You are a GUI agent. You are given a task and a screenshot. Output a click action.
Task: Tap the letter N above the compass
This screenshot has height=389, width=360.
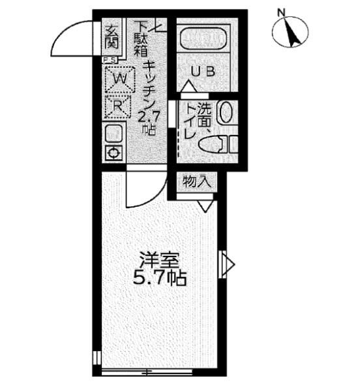(x=281, y=11)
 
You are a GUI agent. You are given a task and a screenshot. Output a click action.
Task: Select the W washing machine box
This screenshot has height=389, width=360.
(x=119, y=79)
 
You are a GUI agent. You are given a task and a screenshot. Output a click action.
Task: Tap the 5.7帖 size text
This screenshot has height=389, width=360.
(x=160, y=279)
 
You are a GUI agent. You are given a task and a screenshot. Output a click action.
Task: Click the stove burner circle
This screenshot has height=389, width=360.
(x=113, y=153)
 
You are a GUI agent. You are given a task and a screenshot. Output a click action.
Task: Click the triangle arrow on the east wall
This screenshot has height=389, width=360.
(x=228, y=264)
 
